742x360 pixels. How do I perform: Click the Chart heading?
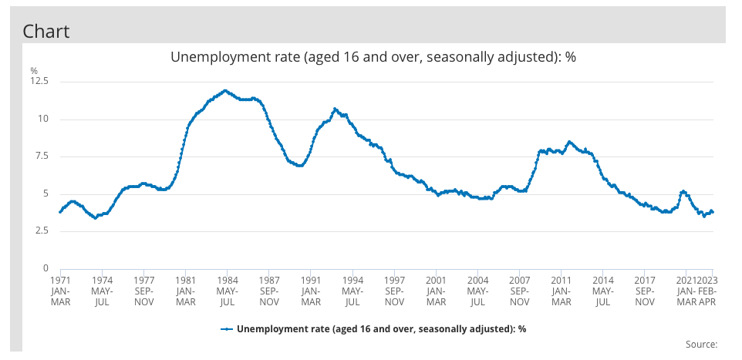[46, 31]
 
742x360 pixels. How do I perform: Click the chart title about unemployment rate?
[373, 58]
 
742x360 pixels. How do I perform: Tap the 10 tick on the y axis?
[42, 119]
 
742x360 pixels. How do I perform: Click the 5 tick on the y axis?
[46, 193]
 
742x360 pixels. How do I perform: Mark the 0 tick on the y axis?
[46, 268]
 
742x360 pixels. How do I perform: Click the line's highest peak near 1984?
[225, 90]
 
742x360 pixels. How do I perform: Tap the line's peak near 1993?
[335, 109]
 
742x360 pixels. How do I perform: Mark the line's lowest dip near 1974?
[95, 218]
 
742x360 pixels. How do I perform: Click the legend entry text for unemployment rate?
[381, 328]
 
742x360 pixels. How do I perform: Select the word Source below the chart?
[701, 344]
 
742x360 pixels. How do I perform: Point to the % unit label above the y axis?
[34, 71]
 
